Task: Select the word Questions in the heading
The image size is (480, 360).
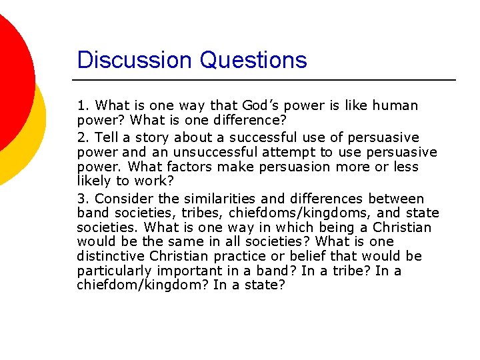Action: [253, 61]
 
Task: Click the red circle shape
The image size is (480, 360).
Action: [10, 73]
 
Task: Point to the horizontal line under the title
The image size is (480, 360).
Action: [267, 80]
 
